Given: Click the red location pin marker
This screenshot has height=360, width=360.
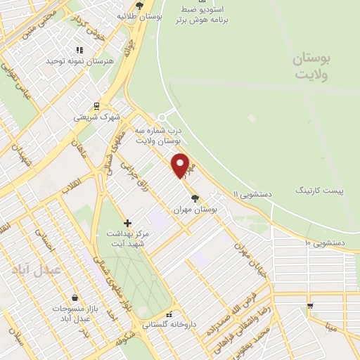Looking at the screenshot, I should [181, 165].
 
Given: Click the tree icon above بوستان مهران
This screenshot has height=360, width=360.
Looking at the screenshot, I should [195, 198].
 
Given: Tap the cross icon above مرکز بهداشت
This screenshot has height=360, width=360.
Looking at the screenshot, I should [127, 223].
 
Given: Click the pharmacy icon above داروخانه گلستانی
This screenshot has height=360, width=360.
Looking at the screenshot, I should [168, 315].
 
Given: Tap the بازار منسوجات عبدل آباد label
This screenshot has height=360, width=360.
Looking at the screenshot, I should [75, 314].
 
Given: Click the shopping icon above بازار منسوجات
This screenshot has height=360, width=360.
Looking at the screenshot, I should [75, 297].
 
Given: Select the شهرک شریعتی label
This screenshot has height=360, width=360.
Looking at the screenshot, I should [97, 117].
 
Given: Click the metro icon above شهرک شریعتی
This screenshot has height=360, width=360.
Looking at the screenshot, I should [97, 107].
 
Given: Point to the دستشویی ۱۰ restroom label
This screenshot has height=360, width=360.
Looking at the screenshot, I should [324, 243].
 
